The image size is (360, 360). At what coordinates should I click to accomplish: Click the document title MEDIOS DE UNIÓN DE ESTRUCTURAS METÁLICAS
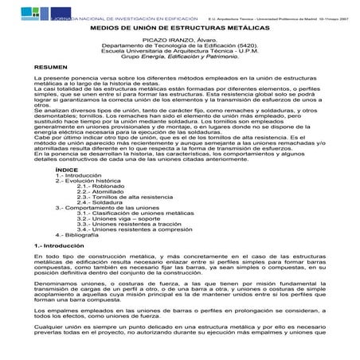tap(179, 27)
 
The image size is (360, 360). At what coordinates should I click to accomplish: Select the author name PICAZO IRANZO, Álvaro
tap(180, 40)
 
